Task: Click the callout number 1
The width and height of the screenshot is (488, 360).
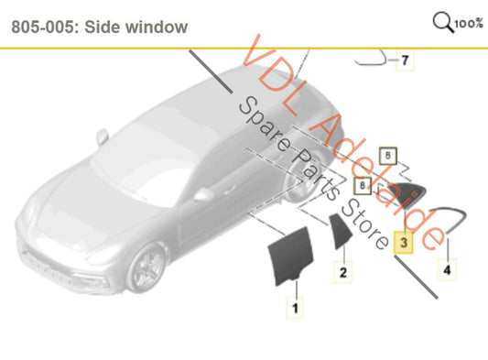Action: click(295, 309)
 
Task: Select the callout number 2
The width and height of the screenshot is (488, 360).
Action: click(342, 272)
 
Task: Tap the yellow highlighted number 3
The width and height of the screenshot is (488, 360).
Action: click(403, 243)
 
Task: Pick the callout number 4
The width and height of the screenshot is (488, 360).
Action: click(447, 270)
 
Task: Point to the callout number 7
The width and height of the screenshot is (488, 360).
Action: click(405, 61)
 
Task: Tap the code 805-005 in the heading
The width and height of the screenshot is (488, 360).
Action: click(41, 27)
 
